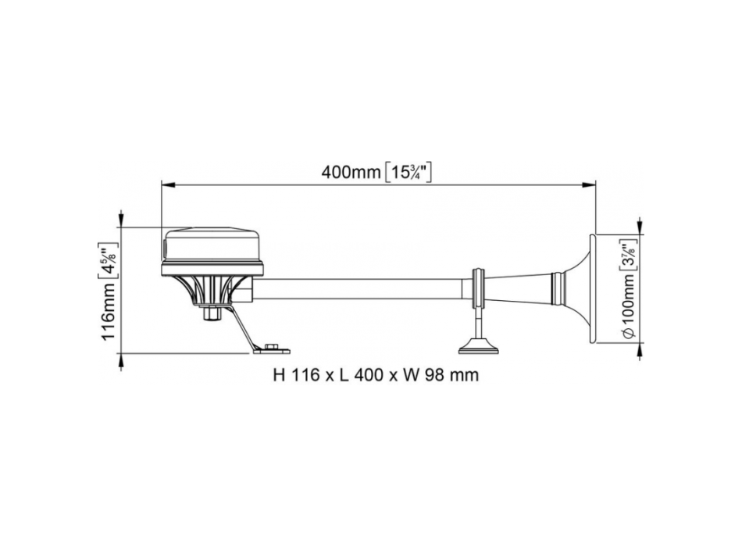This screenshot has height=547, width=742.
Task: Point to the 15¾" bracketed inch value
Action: pos(408,172)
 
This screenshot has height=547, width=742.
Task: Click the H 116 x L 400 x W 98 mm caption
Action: pos(375,375)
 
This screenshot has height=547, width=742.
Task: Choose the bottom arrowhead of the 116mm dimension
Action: pos(123,359)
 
